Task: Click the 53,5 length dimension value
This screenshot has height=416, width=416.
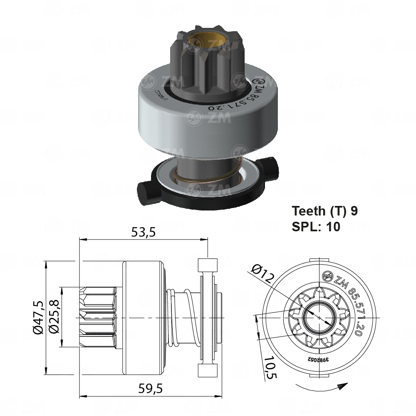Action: [143, 233]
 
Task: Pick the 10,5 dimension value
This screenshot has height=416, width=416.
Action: [271, 367]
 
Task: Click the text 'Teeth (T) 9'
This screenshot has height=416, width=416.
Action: [324, 211]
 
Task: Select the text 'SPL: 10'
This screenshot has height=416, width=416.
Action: [316, 226]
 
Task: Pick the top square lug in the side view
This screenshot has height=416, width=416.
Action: [208, 265]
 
